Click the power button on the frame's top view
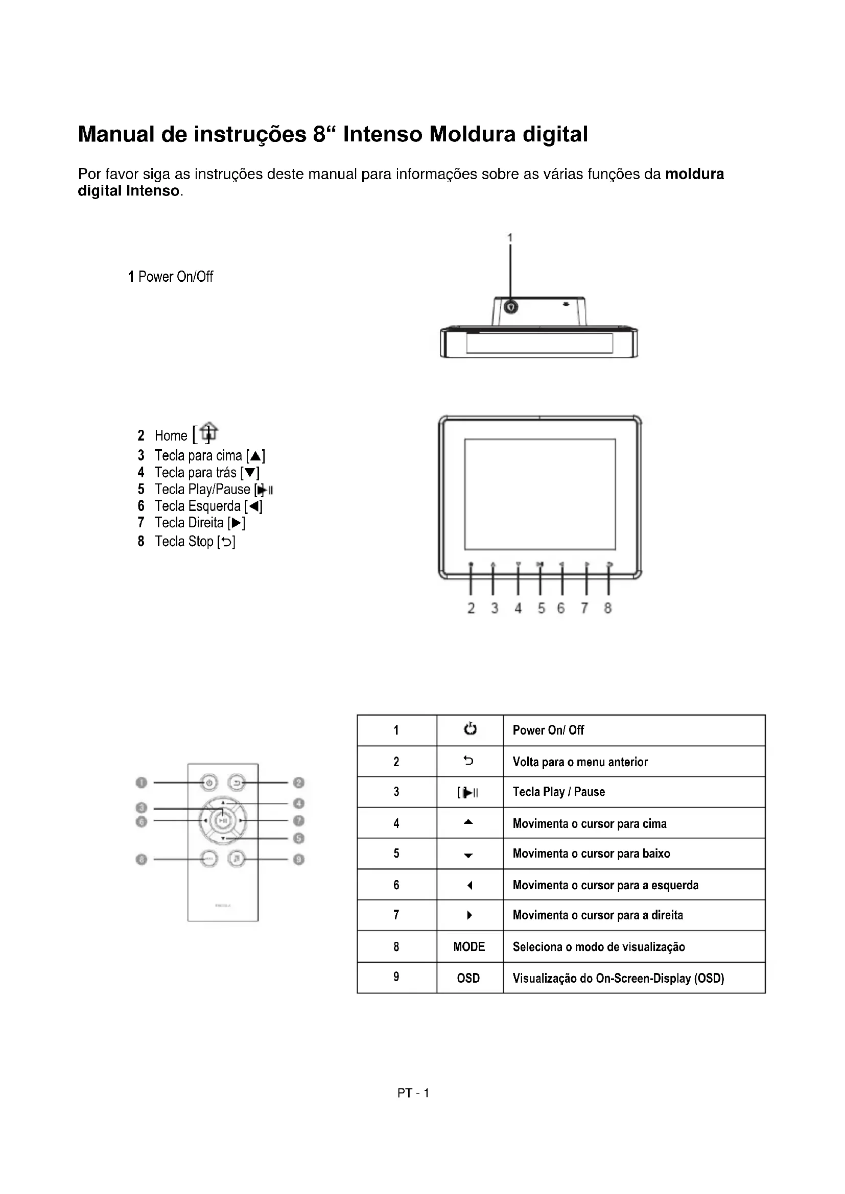click(x=511, y=307)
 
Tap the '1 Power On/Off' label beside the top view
click(x=171, y=277)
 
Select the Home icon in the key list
click(x=208, y=432)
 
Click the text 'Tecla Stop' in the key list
click(x=184, y=542)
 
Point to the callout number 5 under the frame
click(x=541, y=608)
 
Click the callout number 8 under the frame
click(x=608, y=608)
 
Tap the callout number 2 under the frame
click(x=471, y=608)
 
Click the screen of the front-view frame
click(x=539, y=494)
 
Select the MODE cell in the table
click(x=469, y=947)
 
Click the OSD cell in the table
click(x=468, y=978)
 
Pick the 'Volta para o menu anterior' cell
click(x=580, y=762)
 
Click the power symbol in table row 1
click(x=470, y=729)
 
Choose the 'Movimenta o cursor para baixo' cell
click(x=591, y=854)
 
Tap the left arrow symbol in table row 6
click(x=470, y=885)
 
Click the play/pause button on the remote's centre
click(x=223, y=821)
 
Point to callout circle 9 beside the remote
click(x=299, y=860)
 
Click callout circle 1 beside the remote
click(x=141, y=783)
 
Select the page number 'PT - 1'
click(x=413, y=1093)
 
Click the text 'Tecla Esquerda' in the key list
click(x=197, y=506)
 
